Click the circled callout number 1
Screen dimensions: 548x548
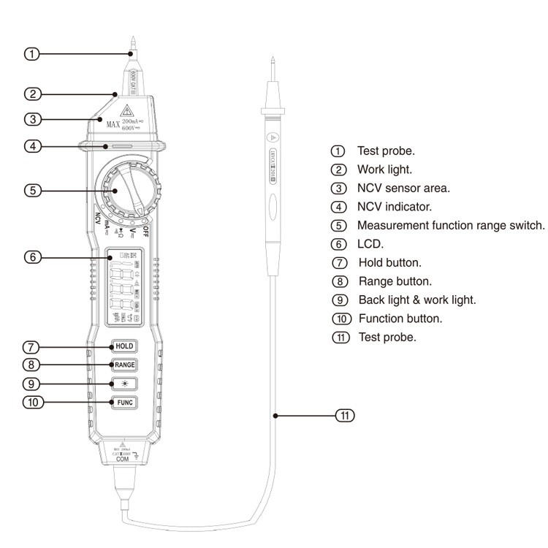click(31, 53)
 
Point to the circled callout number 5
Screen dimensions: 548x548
click(31, 190)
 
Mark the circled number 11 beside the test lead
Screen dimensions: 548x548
click(344, 416)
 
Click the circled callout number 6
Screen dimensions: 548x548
click(31, 257)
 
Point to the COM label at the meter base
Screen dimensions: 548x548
click(122, 459)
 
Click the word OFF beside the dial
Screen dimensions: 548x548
click(146, 232)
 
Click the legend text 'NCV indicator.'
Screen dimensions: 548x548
click(394, 207)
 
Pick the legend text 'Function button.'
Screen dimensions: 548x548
click(400, 319)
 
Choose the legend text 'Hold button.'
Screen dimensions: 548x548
click(389, 262)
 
